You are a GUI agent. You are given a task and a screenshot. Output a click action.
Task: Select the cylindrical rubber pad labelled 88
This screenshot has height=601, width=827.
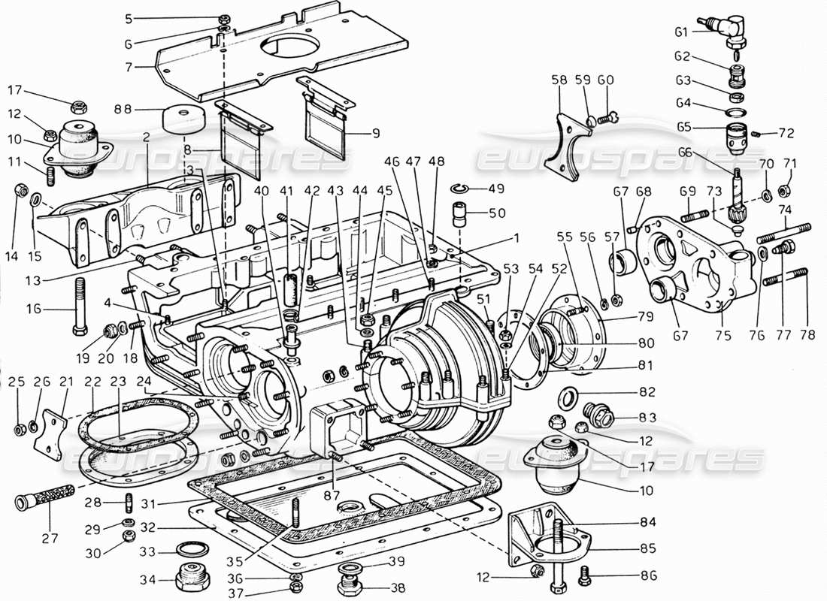click(x=184, y=119)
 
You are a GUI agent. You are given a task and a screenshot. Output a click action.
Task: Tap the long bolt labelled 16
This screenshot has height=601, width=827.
click(x=78, y=308)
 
